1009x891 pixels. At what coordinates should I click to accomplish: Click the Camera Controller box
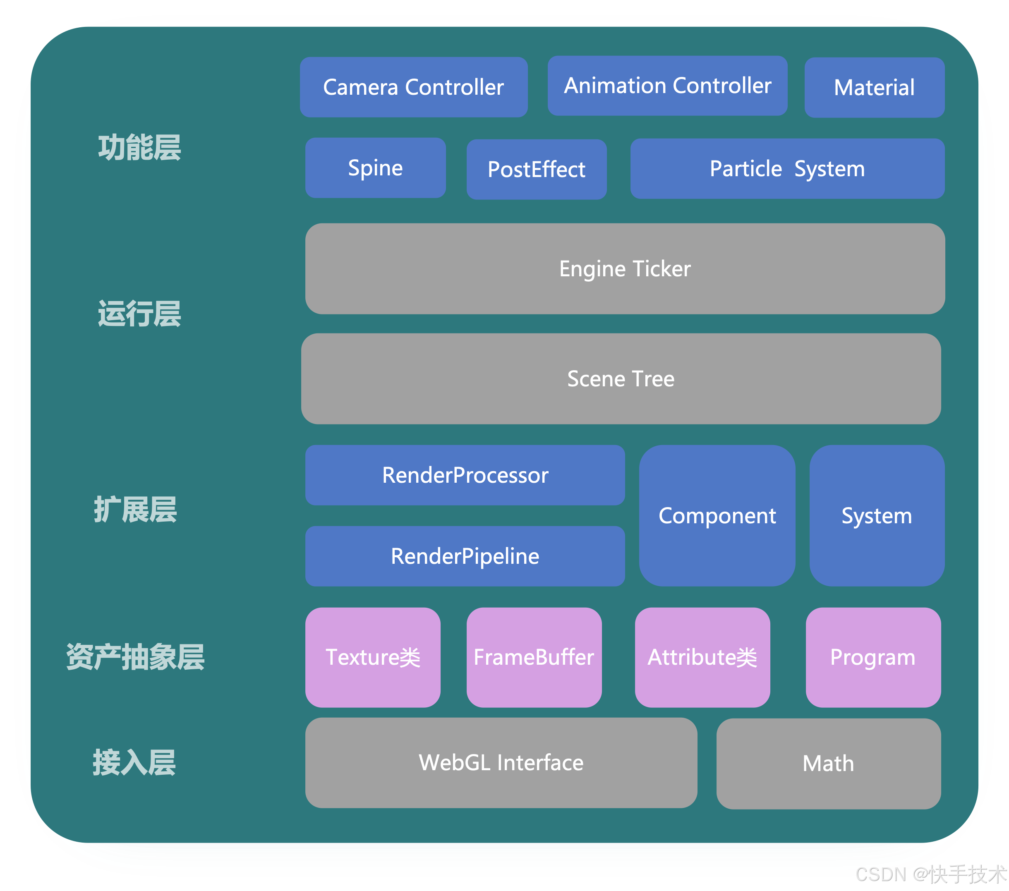pos(414,87)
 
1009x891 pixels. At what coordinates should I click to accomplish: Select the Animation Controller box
pos(667,86)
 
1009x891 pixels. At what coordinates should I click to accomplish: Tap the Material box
pos(874,88)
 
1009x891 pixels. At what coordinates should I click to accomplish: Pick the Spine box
pos(375,168)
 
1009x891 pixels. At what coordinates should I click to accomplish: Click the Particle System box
pos(787,169)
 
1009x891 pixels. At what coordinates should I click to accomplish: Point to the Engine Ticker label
pos(625,269)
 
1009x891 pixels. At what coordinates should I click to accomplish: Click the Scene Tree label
pos(621,379)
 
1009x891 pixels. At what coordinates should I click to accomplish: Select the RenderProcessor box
pos(465,475)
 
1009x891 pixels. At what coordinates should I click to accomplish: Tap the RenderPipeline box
pos(465,556)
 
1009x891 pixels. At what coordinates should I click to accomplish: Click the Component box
pos(717,516)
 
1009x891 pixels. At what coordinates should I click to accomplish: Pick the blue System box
pos(877,516)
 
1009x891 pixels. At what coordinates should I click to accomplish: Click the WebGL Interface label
pos(501,763)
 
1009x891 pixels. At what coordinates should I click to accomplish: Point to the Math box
pos(828,764)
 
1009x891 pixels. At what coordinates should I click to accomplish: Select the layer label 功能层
pos(140,148)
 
